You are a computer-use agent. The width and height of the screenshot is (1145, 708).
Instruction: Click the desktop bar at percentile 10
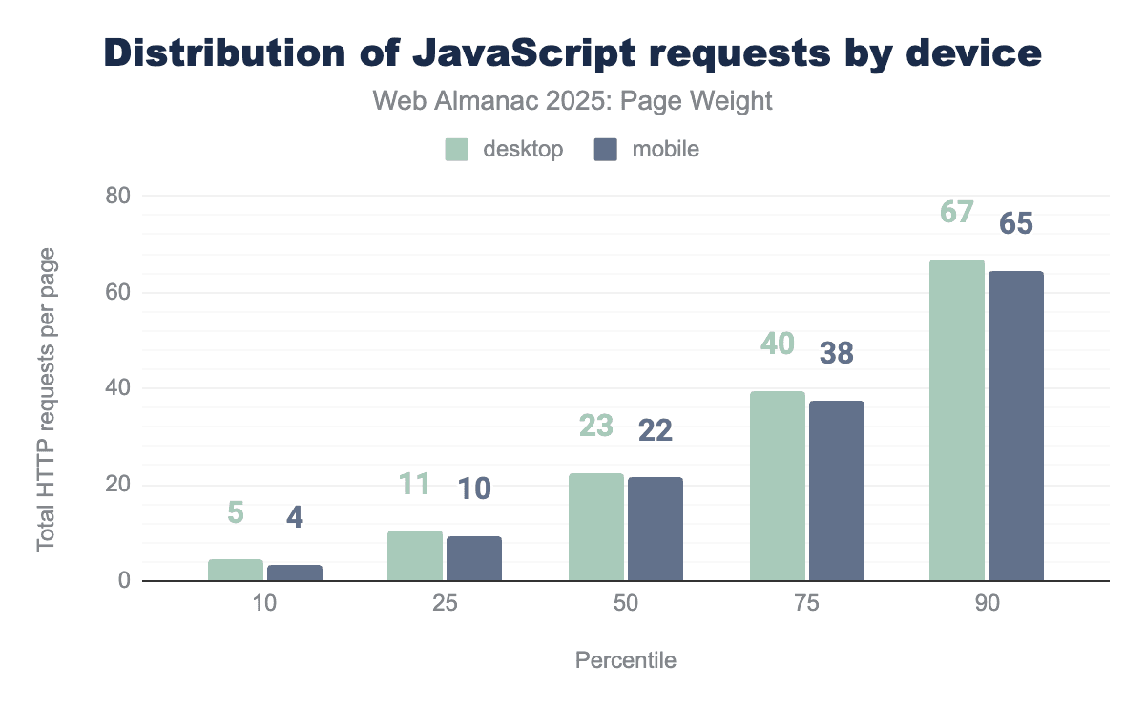[236, 570]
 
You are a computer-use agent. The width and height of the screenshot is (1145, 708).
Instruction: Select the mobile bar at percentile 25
[474, 558]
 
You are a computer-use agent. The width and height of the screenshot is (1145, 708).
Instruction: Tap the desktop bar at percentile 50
[596, 527]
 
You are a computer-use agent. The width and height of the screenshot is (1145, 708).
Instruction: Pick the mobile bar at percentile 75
[837, 490]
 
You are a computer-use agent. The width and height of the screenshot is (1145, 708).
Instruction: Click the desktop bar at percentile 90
[957, 420]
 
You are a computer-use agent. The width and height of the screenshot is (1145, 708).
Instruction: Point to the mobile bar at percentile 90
[1016, 426]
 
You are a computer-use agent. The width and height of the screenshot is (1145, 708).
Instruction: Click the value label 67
[956, 212]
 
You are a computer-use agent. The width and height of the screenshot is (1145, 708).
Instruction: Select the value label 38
[837, 354]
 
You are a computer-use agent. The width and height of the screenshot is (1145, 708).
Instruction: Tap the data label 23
[596, 426]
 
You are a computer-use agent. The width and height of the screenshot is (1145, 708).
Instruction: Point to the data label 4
[295, 518]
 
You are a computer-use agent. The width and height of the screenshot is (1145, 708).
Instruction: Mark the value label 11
[415, 484]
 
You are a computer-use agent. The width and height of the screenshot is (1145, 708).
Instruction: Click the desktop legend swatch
[457, 150]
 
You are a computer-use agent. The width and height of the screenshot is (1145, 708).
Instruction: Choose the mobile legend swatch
[605, 150]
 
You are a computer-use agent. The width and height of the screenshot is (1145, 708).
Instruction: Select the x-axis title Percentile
[625, 660]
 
